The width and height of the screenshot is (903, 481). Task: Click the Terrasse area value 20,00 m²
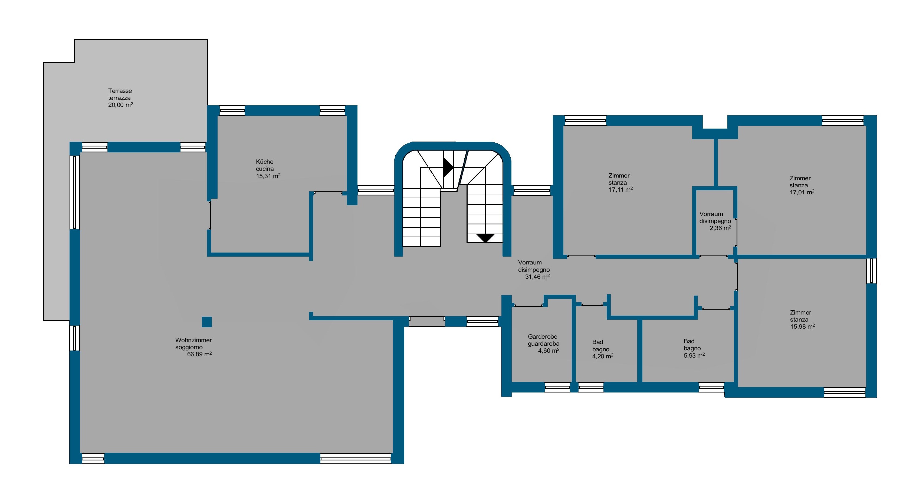point(121,105)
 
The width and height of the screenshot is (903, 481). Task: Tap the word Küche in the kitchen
point(265,162)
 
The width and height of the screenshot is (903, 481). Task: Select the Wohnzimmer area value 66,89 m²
point(199,354)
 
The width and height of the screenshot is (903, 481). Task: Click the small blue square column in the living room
point(207,322)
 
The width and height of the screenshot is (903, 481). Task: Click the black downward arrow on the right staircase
point(485,238)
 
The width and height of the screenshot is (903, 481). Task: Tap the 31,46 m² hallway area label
point(537,277)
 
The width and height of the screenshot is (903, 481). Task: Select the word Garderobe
point(543,336)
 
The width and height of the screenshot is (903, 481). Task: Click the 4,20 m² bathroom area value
point(603,356)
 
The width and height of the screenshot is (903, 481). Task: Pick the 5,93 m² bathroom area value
point(694,355)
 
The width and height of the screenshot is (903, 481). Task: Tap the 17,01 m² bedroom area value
point(802,192)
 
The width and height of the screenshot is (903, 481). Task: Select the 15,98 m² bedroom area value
point(802,326)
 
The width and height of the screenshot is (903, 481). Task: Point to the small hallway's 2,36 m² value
point(720,228)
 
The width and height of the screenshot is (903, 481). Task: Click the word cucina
point(265,169)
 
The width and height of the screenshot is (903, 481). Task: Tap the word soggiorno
point(189,347)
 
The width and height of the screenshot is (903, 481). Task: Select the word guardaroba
point(544,343)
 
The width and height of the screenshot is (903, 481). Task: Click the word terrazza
point(119,98)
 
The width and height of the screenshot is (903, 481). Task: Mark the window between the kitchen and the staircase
point(376,190)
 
